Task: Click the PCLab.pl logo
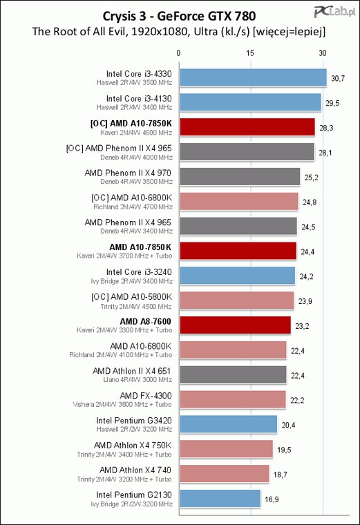pos(334,12)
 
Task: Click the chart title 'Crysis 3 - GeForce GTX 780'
pos(179,16)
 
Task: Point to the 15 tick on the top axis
pos(250,53)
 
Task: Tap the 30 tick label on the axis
pos(322,53)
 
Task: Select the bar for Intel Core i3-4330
pos(253,77)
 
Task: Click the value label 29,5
pos(332,103)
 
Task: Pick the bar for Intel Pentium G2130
pos(220,499)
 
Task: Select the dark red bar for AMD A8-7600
pos(235,325)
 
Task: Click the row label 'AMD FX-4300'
pos(146,396)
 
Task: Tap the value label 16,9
pos(272,499)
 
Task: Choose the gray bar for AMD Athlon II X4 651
pos(233,374)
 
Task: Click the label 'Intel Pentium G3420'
pos(134,421)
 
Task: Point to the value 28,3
pos(326,128)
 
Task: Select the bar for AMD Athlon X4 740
pos(225,474)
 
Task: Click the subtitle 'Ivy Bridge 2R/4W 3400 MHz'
pos(131,281)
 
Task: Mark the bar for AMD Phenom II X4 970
pos(240,176)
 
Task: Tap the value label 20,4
pos(288,426)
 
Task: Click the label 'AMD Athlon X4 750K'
pos(133,446)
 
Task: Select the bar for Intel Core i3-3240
pos(238,276)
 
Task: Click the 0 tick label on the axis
pos(178,53)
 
